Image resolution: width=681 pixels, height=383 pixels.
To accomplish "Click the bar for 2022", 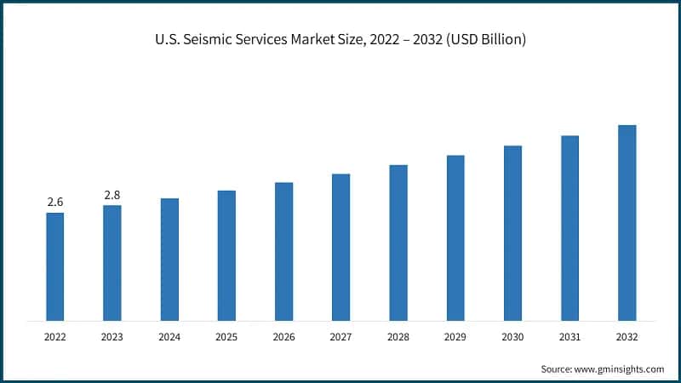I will [54, 266].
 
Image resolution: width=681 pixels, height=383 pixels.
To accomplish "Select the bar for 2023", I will [112, 263].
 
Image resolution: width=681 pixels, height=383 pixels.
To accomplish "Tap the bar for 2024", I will [169, 260].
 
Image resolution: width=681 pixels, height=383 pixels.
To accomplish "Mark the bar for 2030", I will [512, 233].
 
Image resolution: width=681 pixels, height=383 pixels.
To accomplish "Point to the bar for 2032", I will [627, 223].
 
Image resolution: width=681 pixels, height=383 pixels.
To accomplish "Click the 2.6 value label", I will [54, 202].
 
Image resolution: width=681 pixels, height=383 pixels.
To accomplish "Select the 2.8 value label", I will [112, 195].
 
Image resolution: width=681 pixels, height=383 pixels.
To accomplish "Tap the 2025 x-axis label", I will [226, 337].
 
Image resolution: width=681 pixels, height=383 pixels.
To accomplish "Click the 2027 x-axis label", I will [340, 337].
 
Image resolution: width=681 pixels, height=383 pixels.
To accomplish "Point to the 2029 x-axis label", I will [455, 337].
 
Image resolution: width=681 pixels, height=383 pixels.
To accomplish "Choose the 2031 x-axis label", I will [569, 337].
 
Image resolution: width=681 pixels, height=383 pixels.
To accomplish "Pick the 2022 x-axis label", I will [54, 337].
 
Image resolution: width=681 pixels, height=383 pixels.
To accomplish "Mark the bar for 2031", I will [569, 228].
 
